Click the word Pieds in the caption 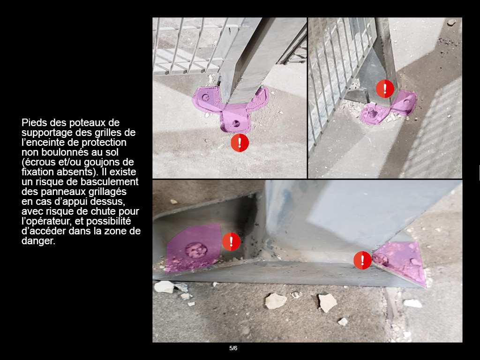pos(33,123)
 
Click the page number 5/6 pos(233,348)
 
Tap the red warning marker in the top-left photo pos(240,142)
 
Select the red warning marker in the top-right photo pos(385,89)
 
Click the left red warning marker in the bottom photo pos(231,241)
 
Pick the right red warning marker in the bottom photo pos(362,261)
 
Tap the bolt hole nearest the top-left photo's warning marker pos(236,124)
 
